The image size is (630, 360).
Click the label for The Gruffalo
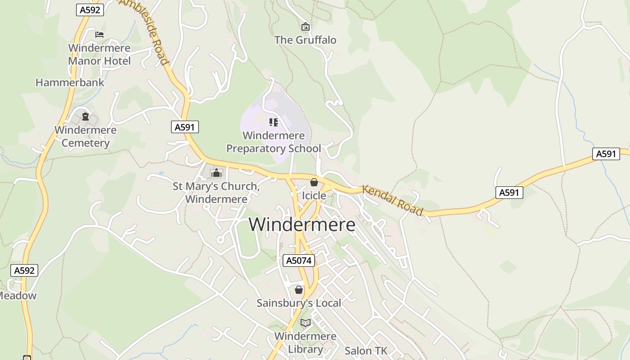point(305,40)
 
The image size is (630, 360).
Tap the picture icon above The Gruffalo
point(306,27)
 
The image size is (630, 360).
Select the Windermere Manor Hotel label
point(99,54)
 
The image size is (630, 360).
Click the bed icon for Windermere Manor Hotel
point(99,34)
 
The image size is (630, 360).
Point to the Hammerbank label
point(70,83)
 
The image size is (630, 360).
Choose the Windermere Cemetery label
point(85,136)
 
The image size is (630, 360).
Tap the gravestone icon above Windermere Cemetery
point(85,117)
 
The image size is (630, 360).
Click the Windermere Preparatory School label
point(274,142)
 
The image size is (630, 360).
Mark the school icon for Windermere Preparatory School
point(273,122)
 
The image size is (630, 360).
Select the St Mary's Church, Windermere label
point(216,193)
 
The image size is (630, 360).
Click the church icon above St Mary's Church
point(216,173)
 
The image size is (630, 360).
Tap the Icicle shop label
point(314,196)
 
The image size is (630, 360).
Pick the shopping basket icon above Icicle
point(314,182)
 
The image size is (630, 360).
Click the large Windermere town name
point(302,225)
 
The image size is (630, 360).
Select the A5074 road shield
point(299,261)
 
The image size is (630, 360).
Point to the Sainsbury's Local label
point(299,303)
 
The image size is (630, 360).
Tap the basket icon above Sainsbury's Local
point(299,290)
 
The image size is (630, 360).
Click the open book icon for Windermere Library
point(306,323)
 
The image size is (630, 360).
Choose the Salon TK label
point(366,351)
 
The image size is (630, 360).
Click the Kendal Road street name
point(393,200)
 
